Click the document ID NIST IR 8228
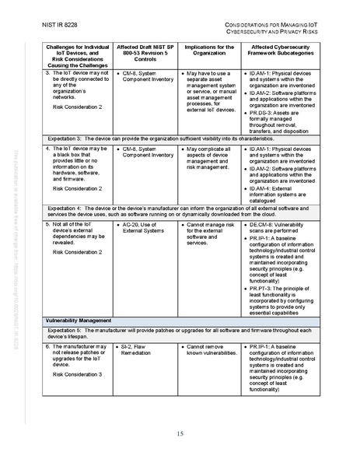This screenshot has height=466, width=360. point(58,26)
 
